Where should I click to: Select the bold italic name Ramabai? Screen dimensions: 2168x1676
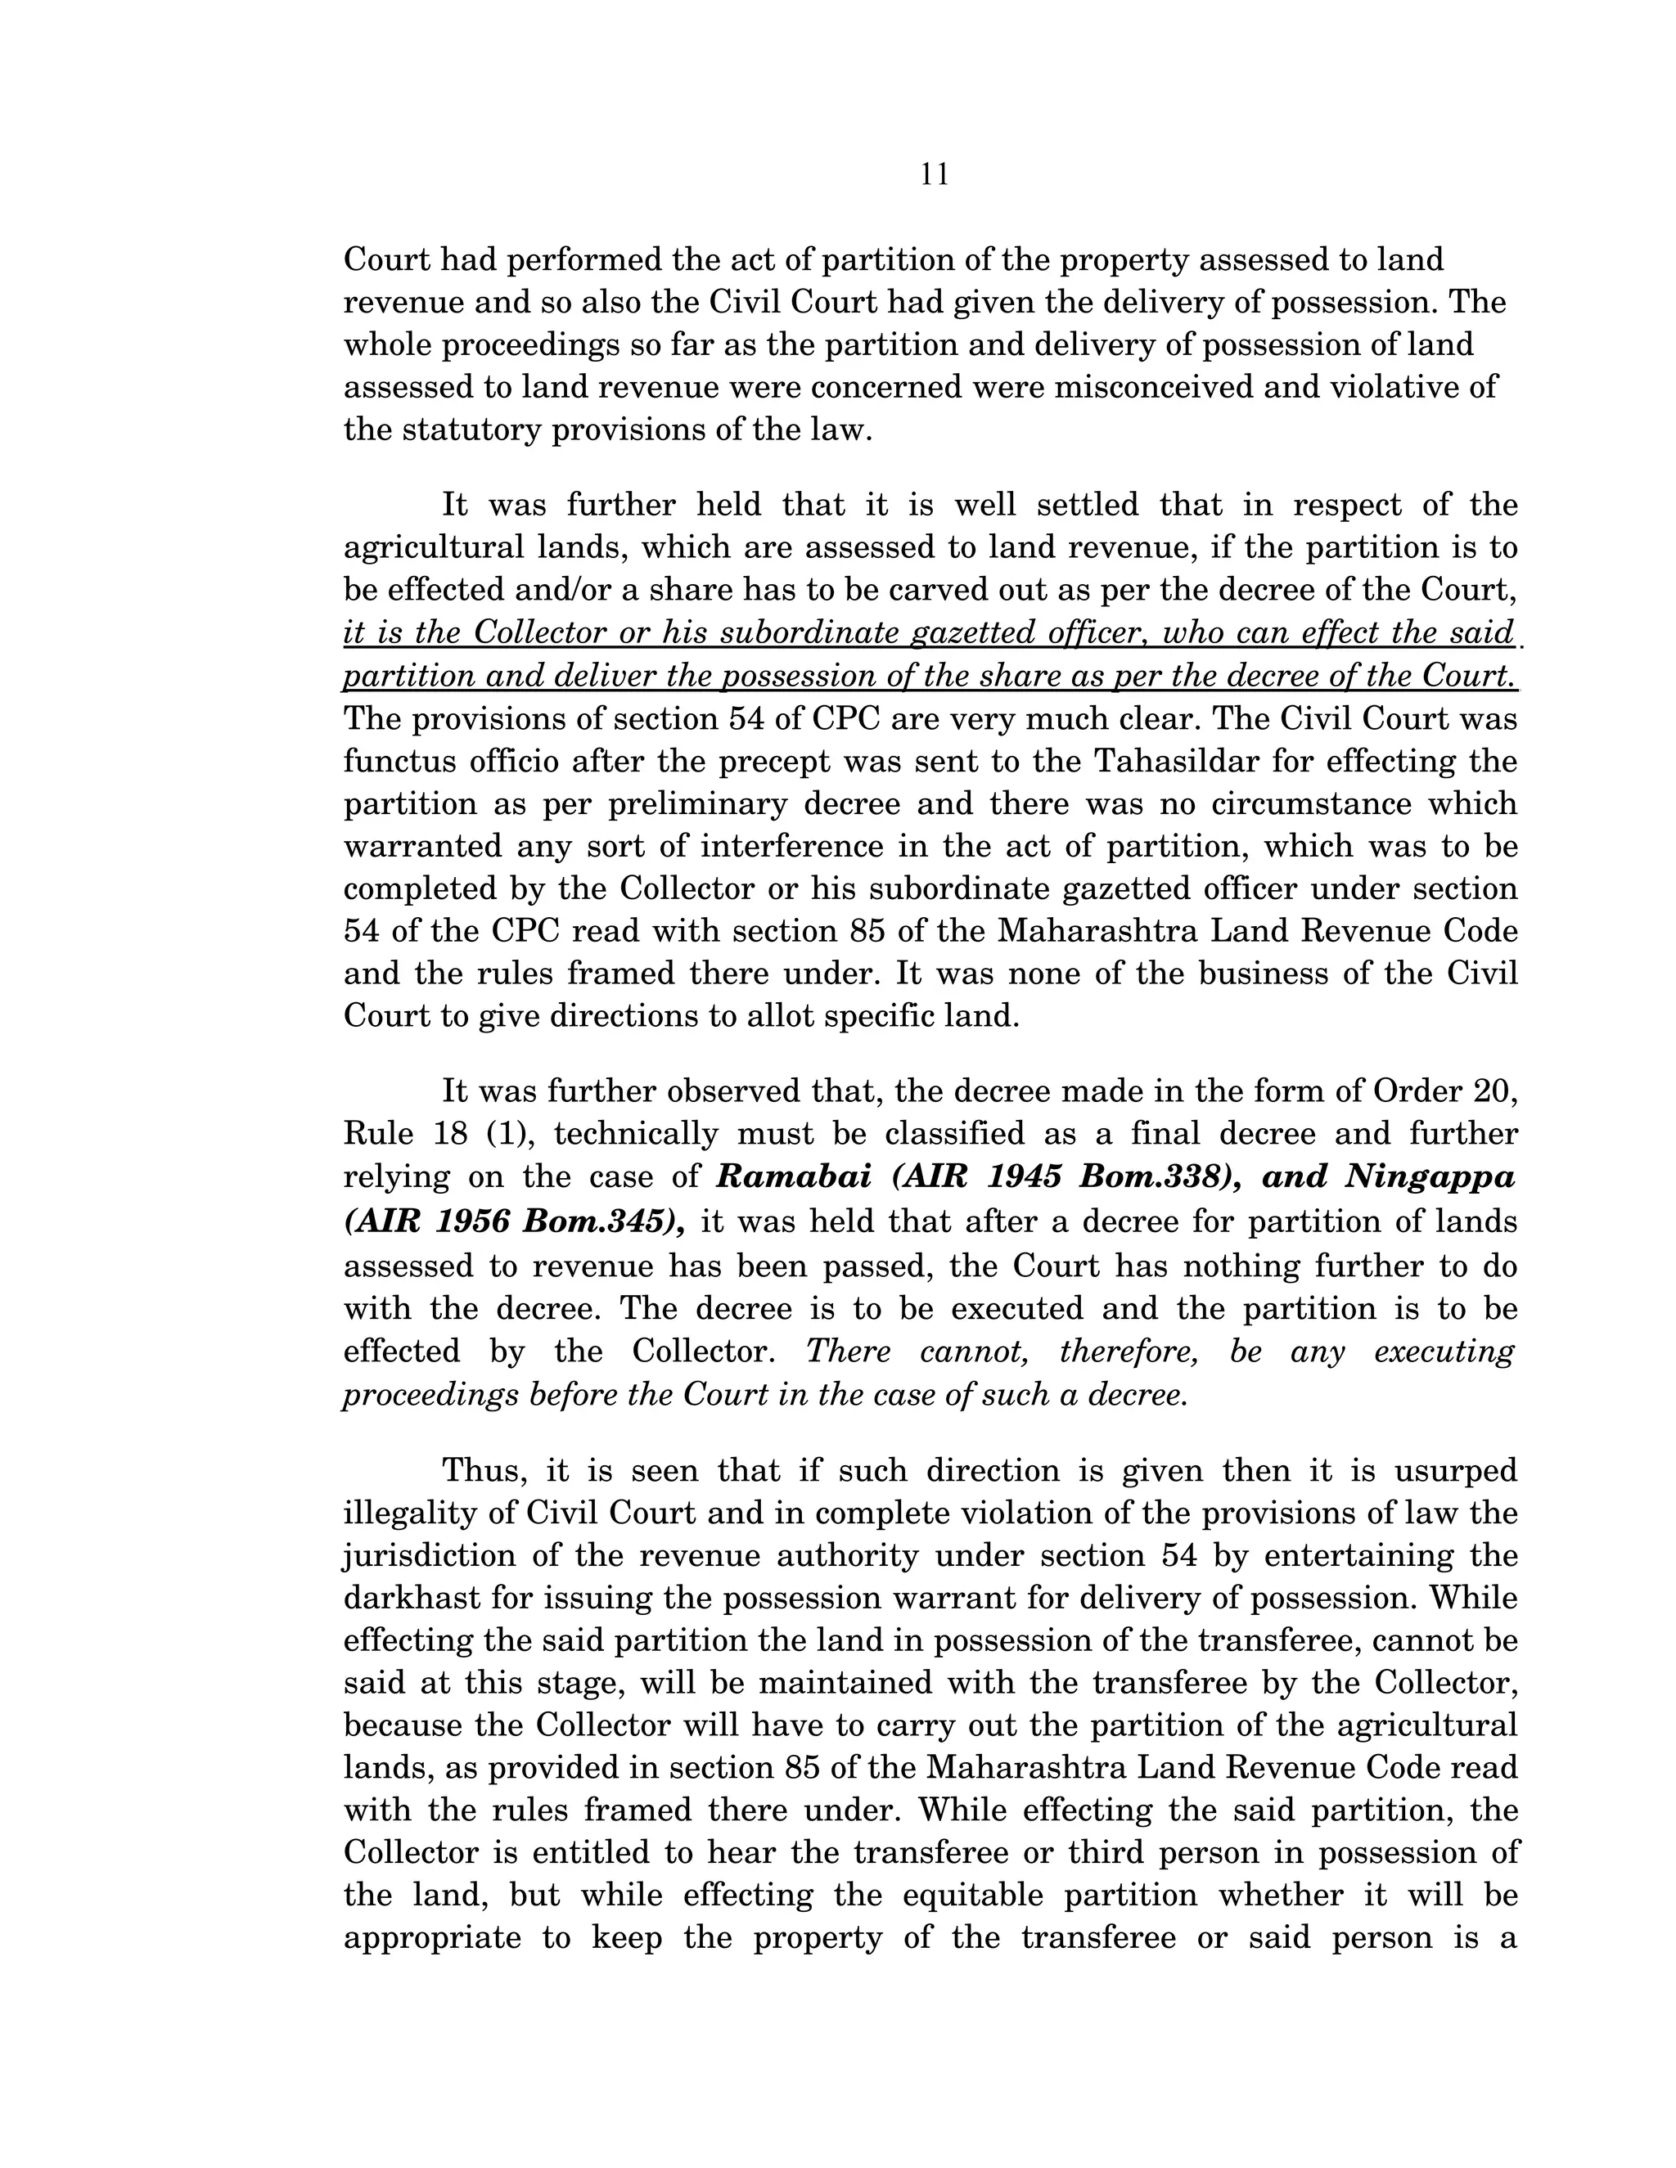point(793,1177)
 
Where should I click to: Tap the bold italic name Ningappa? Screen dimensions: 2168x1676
point(1430,1177)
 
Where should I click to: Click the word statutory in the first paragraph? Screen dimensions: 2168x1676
point(467,430)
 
